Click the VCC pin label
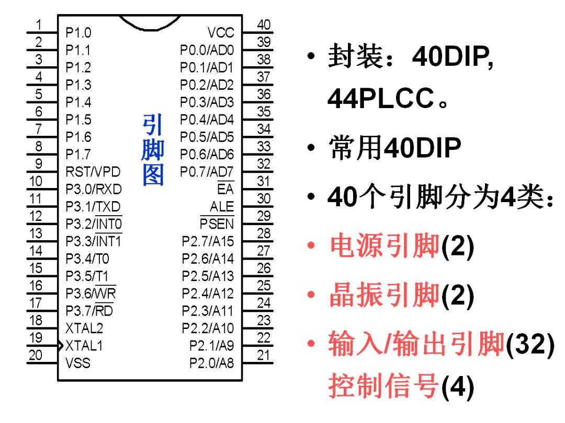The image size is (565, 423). (x=221, y=33)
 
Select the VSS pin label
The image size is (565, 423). (x=78, y=363)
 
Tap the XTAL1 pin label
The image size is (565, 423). (x=84, y=346)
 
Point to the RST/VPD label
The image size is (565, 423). (x=93, y=172)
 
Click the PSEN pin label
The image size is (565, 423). (x=217, y=224)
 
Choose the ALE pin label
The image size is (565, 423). (x=222, y=207)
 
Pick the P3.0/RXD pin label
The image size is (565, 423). (x=94, y=189)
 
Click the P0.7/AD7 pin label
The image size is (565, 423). (x=207, y=172)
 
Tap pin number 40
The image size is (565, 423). (x=264, y=25)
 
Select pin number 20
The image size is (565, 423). (x=36, y=355)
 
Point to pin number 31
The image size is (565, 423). (x=264, y=181)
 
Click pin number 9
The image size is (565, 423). (x=39, y=163)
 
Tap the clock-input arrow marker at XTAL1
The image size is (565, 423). (x=61, y=346)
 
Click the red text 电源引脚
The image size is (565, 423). (x=385, y=246)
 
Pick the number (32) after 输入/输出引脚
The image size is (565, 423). (x=530, y=345)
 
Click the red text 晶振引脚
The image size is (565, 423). (x=385, y=296)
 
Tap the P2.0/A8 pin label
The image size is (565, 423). (x=212, y=363)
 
